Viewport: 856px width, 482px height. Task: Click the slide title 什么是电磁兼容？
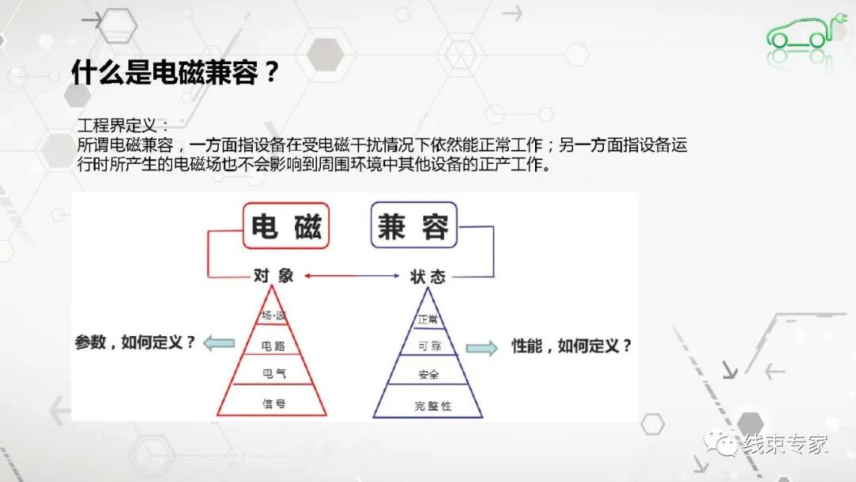coord(175,73)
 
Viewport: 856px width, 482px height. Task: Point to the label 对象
coord(273,276)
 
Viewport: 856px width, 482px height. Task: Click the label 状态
coord(427,276)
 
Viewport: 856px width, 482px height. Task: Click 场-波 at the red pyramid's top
coord(273,316)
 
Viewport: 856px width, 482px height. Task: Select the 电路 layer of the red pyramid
coord(273,346)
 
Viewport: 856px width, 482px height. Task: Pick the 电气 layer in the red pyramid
coord(273,373)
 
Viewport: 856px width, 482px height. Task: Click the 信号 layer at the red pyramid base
coord(273,404)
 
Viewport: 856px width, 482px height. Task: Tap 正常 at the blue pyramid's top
coord(428,319)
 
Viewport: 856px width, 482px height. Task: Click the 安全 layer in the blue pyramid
coord(428,374)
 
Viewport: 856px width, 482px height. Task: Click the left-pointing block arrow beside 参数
coord(219,343)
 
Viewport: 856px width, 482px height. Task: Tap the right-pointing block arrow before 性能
coord(482,347)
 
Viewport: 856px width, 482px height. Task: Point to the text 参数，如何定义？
coord(135,343)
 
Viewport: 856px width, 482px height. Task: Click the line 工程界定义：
coord(123,126)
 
